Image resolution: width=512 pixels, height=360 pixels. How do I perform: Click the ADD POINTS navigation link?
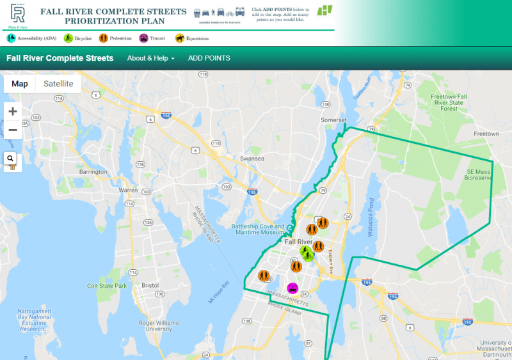tap(209, 58)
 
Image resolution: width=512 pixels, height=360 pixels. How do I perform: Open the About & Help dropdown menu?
tap(150, 58)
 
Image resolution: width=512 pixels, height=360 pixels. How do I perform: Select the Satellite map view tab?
tap(58, 84)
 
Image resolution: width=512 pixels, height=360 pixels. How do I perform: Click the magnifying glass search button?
tap(11, 158)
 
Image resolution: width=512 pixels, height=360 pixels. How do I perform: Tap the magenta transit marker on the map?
tap(292, 288)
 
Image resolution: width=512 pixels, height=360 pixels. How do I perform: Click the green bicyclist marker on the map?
tap(307, 255)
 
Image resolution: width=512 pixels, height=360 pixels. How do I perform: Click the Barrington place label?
tap(93, 172)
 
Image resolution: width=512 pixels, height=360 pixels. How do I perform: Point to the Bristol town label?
tap(150, 285)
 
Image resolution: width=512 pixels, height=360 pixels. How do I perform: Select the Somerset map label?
tap(333, 120)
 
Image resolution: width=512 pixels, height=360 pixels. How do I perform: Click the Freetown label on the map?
tap(486, 134)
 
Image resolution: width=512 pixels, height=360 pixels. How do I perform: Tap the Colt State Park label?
tap(108, 286)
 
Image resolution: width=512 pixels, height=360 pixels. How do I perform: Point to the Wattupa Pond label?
tap(371, 218)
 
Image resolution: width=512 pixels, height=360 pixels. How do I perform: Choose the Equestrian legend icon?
tap(180, 38)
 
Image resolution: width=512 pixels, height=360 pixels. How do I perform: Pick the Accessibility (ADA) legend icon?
tap(11, 38)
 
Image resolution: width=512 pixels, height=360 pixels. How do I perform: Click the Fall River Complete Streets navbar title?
tap(60, 58)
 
